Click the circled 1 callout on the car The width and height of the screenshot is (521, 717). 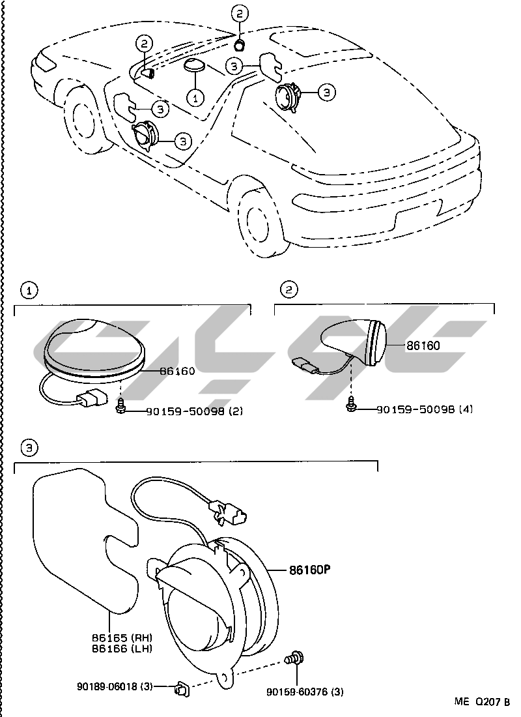coord(195,97)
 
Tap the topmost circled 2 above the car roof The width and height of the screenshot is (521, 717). coord(239,13)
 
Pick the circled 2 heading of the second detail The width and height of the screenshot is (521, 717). coord(287,289)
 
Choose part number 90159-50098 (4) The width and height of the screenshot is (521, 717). coord(423,409)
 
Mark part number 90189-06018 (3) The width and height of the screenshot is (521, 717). coord(115,686)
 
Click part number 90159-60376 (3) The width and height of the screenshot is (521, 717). coord(305,691)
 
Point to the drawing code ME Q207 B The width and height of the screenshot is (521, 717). coord(482,702)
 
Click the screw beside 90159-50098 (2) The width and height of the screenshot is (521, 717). coord(121,407)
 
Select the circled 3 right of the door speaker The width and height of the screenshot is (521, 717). coord(183,139)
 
